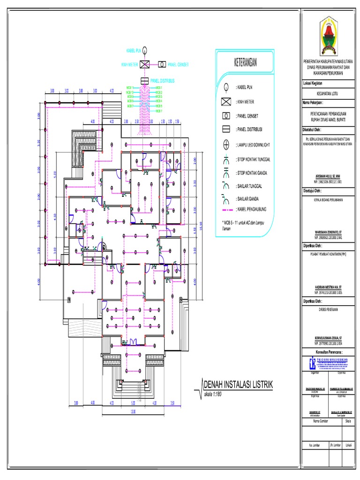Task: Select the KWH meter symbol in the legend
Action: [x=225, y=101]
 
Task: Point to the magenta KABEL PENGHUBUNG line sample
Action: [x=225, y=209]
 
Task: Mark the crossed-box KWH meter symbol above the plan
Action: [x=145, y=64]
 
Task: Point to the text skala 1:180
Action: [x=212, y=394]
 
